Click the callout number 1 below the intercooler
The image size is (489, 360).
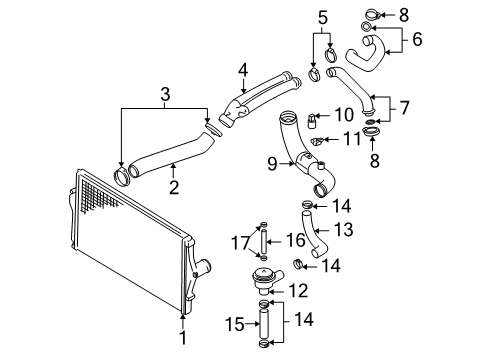[183, 337]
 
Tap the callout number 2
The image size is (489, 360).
[174, 187]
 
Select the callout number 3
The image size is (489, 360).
[165, 94]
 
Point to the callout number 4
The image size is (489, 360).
[243, 70]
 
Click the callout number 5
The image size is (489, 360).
[323, 18]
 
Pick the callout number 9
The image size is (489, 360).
[273, 164]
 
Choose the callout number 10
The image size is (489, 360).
[344, 115]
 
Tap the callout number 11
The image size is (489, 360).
[353, 139]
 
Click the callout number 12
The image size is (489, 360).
[298, 290]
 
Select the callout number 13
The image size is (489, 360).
[343, 229]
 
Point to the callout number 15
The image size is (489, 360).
[235, 324]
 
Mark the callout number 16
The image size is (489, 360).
[296, 240]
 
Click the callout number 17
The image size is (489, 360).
[241, 243]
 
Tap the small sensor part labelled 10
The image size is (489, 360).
[311, 121]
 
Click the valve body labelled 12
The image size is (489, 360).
[266, 282]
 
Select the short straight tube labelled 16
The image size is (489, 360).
[264, 242]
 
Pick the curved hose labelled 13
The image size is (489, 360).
[313, 234]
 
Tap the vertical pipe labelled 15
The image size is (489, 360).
[264, 323]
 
